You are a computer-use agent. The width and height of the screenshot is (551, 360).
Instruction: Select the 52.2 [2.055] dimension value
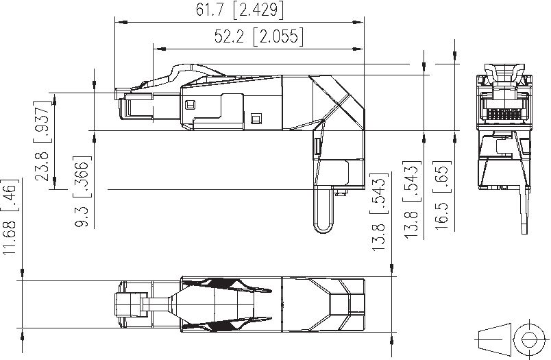coord(258,37)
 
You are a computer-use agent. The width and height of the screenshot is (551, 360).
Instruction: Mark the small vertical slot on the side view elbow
coord(317,145)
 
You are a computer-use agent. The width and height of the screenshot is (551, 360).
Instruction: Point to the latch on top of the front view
coord(505,72)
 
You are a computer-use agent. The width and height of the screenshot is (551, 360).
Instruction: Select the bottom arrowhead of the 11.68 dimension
coord(21,335)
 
